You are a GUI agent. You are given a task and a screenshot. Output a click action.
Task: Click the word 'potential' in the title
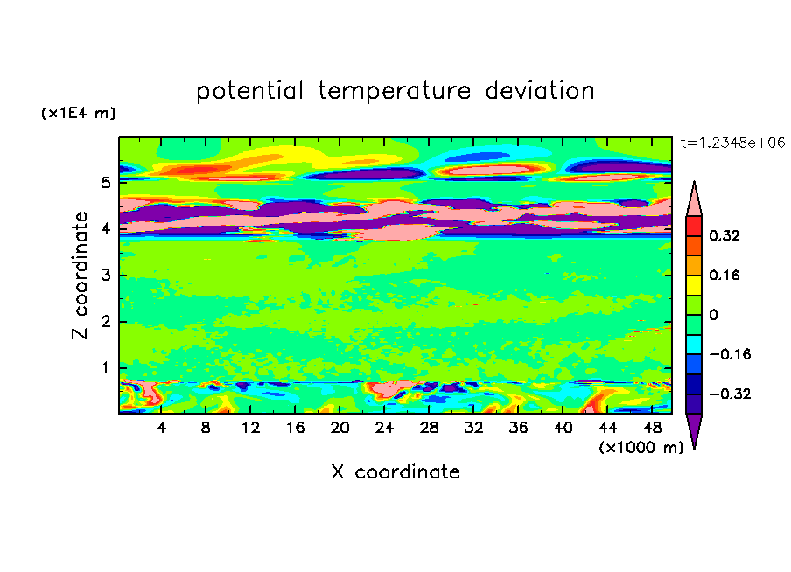249,92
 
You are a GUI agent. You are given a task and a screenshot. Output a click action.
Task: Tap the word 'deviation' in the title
540,90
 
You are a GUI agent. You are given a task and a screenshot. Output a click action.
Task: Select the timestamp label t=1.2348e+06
732,143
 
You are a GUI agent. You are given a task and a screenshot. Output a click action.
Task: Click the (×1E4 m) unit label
78,113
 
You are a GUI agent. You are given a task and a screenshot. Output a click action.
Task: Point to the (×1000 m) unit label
640,448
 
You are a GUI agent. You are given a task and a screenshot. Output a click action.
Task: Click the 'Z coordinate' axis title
80,276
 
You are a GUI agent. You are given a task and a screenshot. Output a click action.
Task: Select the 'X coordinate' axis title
395,472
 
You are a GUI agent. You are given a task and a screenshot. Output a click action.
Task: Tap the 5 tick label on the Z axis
105,182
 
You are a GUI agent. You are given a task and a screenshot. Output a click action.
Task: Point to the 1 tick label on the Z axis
105,368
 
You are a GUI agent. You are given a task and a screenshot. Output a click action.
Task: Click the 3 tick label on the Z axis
105,276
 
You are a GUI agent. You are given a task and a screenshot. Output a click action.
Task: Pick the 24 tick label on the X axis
384,428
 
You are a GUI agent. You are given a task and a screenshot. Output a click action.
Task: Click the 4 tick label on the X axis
161,428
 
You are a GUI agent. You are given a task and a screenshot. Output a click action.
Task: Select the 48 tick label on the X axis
652,428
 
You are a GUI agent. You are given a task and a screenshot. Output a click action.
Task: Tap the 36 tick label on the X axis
518,428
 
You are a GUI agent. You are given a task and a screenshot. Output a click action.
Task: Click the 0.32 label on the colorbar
724,235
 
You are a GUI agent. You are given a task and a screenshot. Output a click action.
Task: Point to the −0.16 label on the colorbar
730,354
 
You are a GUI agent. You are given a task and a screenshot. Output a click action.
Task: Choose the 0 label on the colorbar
713,315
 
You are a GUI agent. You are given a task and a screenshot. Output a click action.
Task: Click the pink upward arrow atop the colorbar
694,199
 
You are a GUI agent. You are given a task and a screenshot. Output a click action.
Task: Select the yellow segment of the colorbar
694,285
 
